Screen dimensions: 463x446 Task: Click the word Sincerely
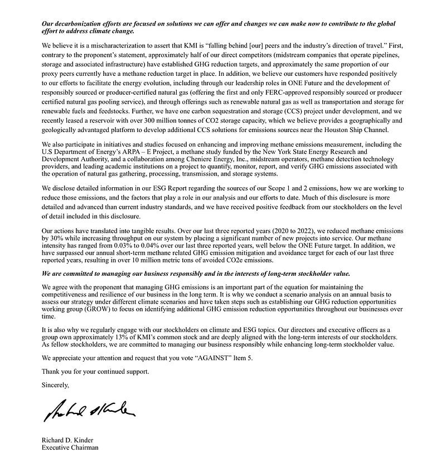(56, 385)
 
